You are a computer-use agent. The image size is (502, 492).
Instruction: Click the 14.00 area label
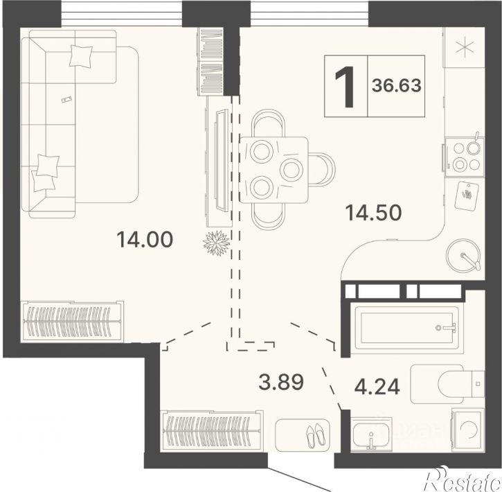[x=145, y=239]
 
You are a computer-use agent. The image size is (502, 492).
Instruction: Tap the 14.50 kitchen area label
[x=373, y=213]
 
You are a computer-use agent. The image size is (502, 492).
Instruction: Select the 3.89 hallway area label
[x=281, y=382]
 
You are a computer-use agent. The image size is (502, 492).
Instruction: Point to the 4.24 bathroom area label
[x=377, y=386]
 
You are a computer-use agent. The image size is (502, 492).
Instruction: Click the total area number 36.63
[x=396, y=85]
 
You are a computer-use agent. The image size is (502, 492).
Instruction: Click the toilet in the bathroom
[x=447, y=384]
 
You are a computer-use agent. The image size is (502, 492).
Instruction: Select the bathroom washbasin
[x=371, y=434]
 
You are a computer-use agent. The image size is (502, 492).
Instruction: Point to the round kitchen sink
[x=463, y=255]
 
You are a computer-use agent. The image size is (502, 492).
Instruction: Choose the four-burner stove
[x=464, y=157]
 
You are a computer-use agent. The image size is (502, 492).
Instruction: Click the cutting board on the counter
[x=467, y=195]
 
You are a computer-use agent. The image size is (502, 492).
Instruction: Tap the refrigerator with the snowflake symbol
[x=464, y=47]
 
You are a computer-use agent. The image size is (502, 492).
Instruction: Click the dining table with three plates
[x=274, y=170]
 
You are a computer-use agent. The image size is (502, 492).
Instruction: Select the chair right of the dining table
[x=322, y=170]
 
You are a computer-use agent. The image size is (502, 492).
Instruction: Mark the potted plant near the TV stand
[x=217, y=243]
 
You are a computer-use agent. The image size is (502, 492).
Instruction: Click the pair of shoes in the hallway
[x=316, y=435]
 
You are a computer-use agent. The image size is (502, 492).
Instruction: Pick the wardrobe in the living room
[x=72, y=322]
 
